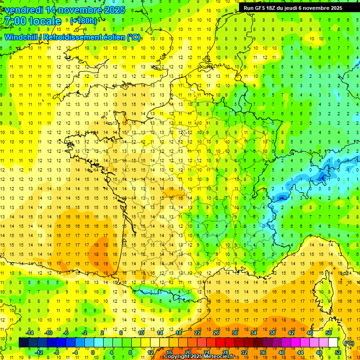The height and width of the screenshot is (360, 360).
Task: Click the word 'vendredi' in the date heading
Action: [x=23, y=10]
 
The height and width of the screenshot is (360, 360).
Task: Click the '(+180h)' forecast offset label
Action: [x=83, y=21]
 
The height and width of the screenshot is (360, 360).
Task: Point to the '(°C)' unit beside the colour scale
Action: [x=349, y=343]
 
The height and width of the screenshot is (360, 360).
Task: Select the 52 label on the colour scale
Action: [x=337, y=352]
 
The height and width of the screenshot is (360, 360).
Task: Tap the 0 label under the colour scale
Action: [x=93, y=352]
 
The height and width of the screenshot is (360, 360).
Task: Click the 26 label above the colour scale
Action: [x=216, y=333]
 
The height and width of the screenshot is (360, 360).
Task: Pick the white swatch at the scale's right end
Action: [x=333, y=343]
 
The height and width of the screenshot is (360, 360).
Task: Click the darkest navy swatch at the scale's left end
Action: [x=23, y=343]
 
